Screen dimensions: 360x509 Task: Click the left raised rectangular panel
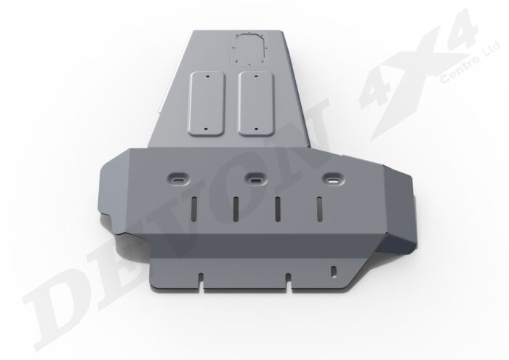[x=208, y=101]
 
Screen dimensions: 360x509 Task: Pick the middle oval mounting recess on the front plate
[x=254, y=177]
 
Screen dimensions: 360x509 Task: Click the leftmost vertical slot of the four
[x=193, y=209]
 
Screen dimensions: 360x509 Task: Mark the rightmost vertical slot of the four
[x=318, y=209]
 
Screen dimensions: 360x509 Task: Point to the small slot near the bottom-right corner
[x=333, y=272]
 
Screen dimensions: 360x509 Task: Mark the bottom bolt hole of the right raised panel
[x=255, y=127]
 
